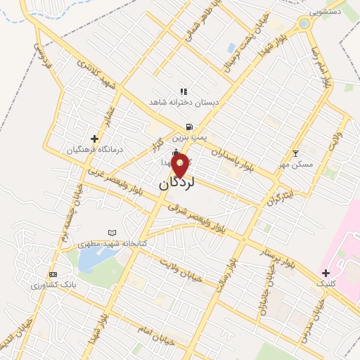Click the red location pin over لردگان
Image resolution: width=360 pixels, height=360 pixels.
click(x=180, y=166)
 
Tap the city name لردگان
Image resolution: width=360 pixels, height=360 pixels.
click(x=175, y=184)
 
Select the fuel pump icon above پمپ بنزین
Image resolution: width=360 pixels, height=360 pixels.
click(x=188, y=127)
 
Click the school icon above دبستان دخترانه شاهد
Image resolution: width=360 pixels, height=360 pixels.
click(x=184, y=91)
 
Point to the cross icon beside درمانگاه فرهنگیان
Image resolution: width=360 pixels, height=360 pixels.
click(x=94, y=139)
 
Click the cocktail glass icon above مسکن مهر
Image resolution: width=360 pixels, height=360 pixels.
click(x=295, y=153)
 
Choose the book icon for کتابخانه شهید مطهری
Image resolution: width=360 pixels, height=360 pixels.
click(x=111, y=233)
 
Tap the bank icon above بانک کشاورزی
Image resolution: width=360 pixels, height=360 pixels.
click(x=52, y=274)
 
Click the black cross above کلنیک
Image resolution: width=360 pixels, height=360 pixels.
click(x=325, y=272)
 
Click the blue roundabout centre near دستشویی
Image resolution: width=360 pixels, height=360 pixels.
click(x=304, y=23)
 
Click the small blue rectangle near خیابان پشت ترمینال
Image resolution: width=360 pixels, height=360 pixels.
click(x=231, y=48)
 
